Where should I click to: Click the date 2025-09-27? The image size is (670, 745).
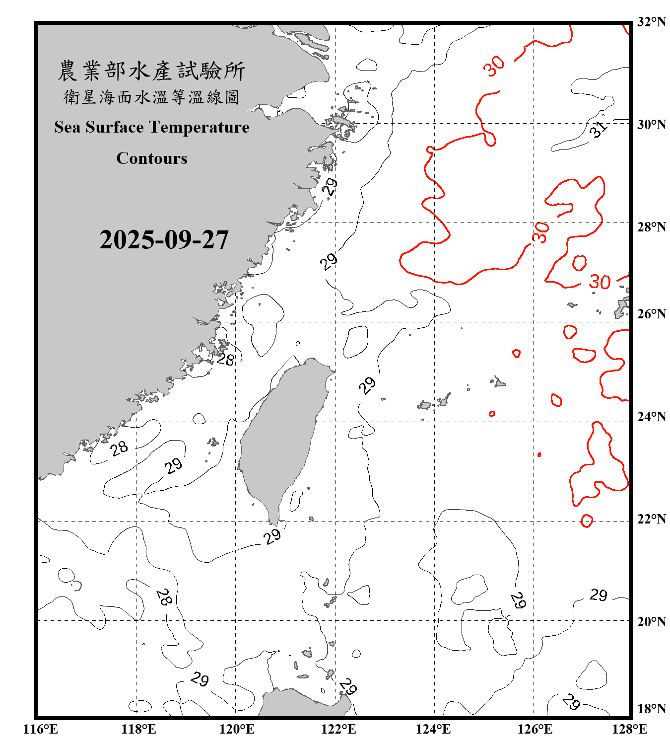[x=164, y=240]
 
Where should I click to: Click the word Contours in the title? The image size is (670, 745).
[x=152, y=158]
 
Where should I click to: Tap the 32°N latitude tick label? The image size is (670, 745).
[x=651, y=22]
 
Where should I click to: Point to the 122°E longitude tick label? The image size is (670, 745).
[x=338, y=729]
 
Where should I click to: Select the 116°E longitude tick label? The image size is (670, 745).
[x=41, y=729]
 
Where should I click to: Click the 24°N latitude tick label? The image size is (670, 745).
[x=651, y=417]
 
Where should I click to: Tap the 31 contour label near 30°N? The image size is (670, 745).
[x=599, y=129]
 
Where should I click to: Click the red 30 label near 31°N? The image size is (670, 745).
[x=494, y=66]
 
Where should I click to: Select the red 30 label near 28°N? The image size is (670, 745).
[x=540, y=232]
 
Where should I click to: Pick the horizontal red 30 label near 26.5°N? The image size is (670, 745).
[x=600, y=282]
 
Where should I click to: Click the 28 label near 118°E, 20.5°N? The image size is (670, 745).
[x=164, y=596]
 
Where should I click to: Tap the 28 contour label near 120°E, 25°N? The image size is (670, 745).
[x=226, y=359]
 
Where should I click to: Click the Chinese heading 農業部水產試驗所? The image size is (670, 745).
[x=151, y=71]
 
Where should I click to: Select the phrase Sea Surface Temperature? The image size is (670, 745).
[x=152, y=127]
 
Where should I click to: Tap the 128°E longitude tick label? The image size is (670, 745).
[x=629, y=729]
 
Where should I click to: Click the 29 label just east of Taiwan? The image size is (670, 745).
[x=367, y=385]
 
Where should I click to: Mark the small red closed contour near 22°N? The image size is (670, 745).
[x=587, y=521]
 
